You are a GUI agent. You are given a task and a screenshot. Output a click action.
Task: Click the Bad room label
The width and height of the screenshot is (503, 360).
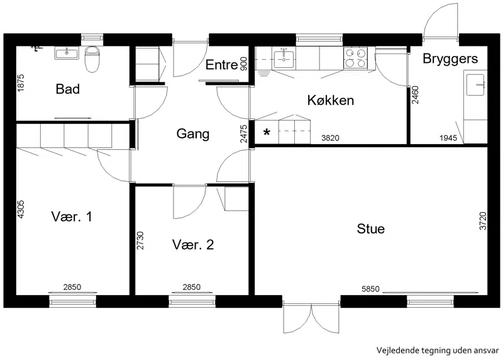(68, 89)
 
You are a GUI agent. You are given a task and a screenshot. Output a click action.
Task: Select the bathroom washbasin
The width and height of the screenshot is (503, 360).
(67, 53)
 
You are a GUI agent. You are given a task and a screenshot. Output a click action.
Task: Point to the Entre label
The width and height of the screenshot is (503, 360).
(221, 65)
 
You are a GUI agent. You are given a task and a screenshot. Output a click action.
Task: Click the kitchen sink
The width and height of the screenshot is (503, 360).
(284, 58)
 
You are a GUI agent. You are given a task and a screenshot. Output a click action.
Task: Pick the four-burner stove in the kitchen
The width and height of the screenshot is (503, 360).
(355, 58)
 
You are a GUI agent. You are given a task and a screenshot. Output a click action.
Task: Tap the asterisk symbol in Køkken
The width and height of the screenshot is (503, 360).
(267, 132)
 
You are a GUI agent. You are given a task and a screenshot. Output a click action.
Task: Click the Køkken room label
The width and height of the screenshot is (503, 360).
(331, 100)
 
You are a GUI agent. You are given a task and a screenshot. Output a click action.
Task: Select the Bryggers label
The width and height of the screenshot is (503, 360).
(450, 59)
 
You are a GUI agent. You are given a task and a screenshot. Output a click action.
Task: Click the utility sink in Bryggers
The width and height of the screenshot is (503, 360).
(475, 85)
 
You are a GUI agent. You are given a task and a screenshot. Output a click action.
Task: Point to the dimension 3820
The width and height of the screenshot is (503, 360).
(330, 138)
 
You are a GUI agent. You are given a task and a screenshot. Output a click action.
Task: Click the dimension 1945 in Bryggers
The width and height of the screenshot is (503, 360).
(448, 138)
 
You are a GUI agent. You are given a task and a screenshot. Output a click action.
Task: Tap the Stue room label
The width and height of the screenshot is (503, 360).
(370, 229)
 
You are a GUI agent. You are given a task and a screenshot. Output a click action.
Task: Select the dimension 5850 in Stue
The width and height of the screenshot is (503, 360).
(370, 289)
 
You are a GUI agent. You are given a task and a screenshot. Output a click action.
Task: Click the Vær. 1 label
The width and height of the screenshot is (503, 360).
(72, 217)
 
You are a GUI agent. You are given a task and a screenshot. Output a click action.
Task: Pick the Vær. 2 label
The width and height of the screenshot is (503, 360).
(193, 245)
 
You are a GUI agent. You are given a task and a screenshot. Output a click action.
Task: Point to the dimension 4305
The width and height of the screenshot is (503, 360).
(21, 210)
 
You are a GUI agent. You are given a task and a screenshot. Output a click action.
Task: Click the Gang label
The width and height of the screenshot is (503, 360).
(193, 134)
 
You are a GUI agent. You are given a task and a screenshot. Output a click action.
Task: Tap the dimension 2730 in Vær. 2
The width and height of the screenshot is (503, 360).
(140, 240)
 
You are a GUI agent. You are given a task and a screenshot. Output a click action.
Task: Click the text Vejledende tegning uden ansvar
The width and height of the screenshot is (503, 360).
(438, 351)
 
